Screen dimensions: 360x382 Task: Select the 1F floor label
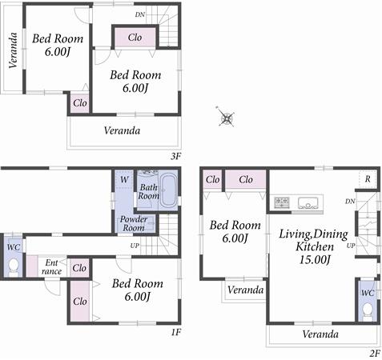click(175, 332)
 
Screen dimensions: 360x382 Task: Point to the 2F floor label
click(372, 352)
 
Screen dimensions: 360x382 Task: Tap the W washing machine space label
click(124, 181)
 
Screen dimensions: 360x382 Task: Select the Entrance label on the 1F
click(52, 266)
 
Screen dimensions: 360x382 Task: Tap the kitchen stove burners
click(282, 202)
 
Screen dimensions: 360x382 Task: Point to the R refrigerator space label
click(367, 179)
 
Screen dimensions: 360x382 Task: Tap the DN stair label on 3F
click(140, 14)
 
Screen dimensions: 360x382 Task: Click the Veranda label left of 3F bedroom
click(13, 50)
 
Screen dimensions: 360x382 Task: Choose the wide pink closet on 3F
click(135, 38)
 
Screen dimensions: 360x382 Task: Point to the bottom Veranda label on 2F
click(320, 334)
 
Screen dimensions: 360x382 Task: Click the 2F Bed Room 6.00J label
click(235, 232)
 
